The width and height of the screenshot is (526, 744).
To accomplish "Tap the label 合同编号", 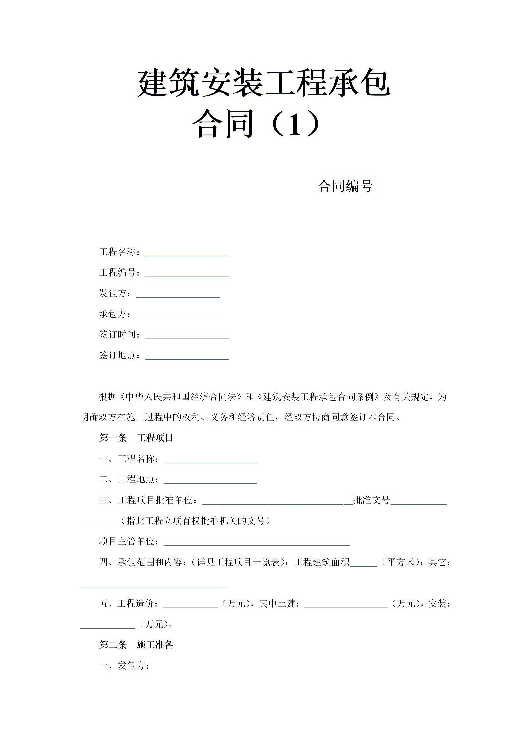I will pyautogui.click(x=345, y=186).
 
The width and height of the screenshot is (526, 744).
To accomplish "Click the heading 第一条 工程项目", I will pyautogui.click(x=136, y=438).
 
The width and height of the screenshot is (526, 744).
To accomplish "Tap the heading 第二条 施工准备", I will pyautogui.click(x=136, y=645).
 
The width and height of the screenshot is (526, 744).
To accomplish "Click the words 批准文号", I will pyautogui.click(x=371, y=500).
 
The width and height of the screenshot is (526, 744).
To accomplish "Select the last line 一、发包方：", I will pyautogui.click(x=124, y=665).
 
